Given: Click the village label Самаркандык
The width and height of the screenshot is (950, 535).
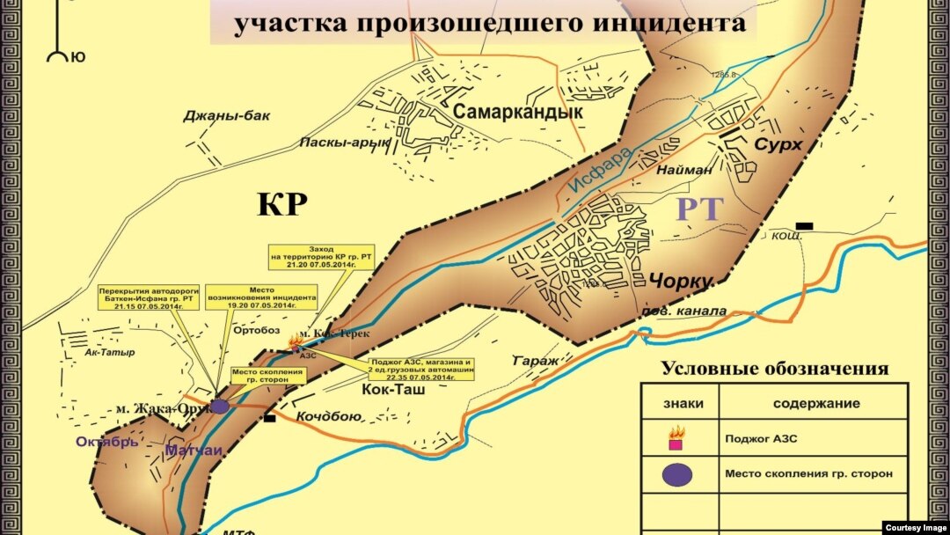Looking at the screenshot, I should click(x=518, y=113).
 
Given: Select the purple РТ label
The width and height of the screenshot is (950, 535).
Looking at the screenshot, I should click(x=699, y=209).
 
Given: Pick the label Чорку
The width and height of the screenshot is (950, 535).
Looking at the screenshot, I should click(x=680, y=282).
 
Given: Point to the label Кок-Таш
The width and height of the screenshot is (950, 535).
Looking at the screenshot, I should click(x=394, y=387).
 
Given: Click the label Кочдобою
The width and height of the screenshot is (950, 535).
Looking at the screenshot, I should click(x=328, y=416).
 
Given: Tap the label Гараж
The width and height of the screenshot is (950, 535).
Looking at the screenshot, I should click(x=535, y=361).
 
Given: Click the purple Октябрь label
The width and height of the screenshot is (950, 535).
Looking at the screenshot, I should click(x=106, y=441).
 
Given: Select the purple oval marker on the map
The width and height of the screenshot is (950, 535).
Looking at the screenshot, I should click(x=219, y=407).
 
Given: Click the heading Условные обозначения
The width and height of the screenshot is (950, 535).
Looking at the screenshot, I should click(x=775, y=369).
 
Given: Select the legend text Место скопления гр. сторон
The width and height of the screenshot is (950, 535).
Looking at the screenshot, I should click(x=808, y=473).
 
